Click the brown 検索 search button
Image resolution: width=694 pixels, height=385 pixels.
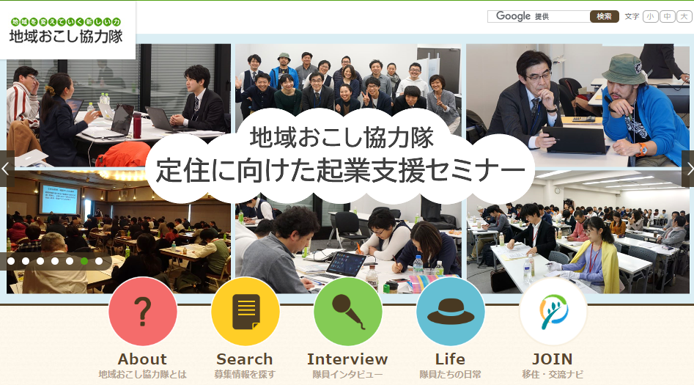click(604, 16)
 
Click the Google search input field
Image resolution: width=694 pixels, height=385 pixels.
click(539, 16)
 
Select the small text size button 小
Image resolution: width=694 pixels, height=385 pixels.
click(650, 16)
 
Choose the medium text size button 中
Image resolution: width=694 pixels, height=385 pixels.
click(668, 16)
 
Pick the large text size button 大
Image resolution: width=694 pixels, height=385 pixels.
click(684, 16)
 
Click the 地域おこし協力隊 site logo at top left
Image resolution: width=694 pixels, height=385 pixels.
click(66, 31)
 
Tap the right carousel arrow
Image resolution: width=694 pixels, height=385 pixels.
click(688, 169)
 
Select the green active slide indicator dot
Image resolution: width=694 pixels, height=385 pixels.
click(84, 261)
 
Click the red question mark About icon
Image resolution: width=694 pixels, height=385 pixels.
click(142, 312)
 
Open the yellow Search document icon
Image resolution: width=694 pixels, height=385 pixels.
click(246, 312)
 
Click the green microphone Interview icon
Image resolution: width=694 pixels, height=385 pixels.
click(348, 312)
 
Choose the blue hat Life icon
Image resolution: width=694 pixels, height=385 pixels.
click(451, 312)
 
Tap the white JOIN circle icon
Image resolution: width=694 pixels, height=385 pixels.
click(553, 312)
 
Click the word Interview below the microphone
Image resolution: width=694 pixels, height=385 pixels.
click(347, 359)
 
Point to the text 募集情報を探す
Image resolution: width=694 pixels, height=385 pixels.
click(245, 375)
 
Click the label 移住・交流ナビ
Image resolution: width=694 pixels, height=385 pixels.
click(553, 375)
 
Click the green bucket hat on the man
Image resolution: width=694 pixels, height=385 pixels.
click(625, 69)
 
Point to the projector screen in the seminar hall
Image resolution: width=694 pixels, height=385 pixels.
click(59, 199)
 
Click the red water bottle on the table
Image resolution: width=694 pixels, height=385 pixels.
click(137, 125)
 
